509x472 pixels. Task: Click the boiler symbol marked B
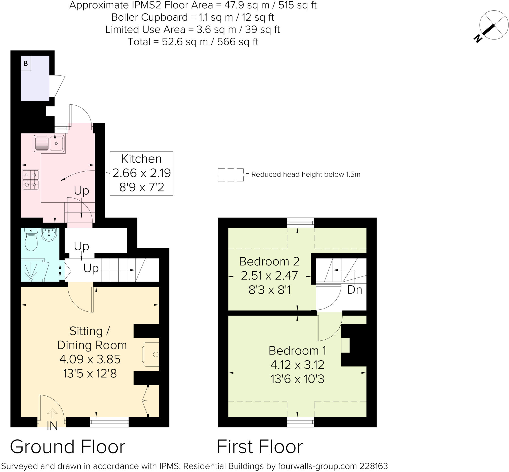click(26, 63)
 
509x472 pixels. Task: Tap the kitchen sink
click(49, 144)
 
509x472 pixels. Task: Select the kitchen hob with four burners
click(31, 180)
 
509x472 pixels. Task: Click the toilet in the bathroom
click(31, 239)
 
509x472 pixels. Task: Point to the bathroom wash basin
click(49, 234)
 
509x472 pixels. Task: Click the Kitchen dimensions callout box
click(141, 173)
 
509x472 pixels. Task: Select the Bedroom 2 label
click(269, 261)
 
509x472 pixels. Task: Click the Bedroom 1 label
click(297, 350)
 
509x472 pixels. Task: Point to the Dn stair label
click(355, 290)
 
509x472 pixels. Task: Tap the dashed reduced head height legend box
click(231, 175)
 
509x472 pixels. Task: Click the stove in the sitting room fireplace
click(151, 355)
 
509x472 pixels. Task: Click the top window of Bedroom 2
click(301, 223)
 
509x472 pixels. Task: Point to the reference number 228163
click(374, 466)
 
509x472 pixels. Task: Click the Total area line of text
click(193, 42)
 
